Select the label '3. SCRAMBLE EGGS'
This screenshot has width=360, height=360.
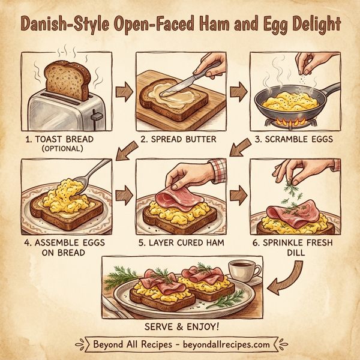pos(292,140)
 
